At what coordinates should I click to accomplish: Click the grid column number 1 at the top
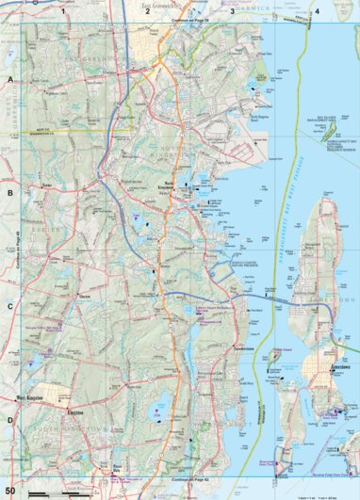click(63, 11)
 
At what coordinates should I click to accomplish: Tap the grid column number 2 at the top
click(148, 11)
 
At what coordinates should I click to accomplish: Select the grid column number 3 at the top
click(232, 11)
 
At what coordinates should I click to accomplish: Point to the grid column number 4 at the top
click(318, 11)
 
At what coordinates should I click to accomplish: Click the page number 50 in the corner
click(10, 492)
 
